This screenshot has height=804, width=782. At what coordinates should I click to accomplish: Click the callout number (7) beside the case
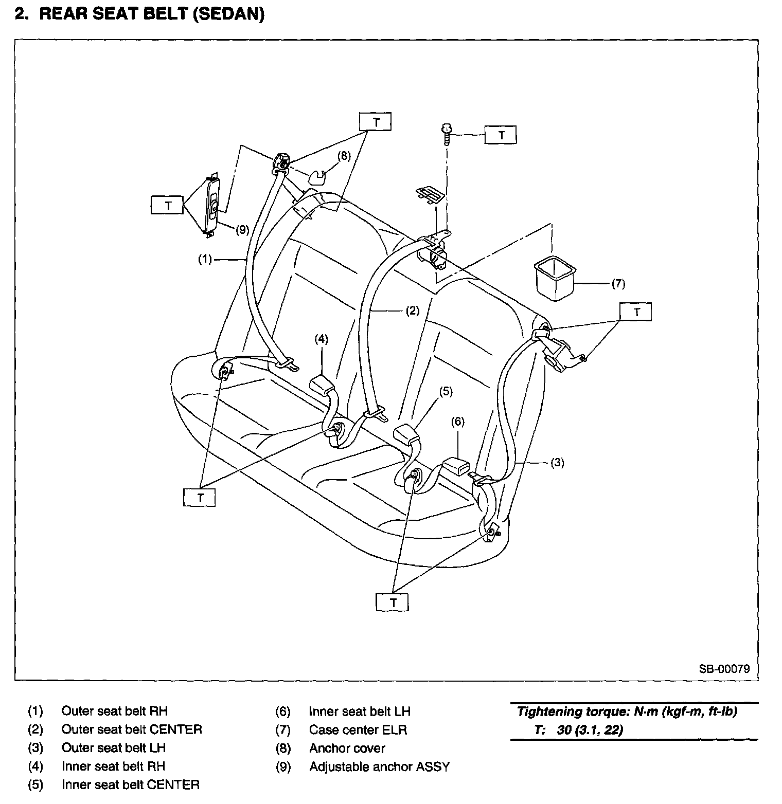[x=618, y=283]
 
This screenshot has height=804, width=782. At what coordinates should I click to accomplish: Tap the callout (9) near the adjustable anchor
[x=242, y=230]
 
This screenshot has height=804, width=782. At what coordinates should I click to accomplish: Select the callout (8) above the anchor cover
[x=344, y=156]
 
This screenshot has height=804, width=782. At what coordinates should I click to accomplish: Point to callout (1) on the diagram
[x=205, y=260]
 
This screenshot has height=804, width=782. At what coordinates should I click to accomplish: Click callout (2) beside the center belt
[x=413, y=310]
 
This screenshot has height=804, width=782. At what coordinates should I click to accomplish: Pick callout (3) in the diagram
[x=557, y=462]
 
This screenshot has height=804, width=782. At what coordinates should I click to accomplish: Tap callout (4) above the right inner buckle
[x=321, y=339]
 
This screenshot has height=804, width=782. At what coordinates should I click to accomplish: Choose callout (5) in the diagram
[x=446, y=392]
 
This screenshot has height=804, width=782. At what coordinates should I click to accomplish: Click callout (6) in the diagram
[x=457, y=422]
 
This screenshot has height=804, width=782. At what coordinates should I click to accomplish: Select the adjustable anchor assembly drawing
[x=212, y=205]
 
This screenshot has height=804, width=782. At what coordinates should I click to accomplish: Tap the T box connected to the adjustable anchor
[x=168, y=205]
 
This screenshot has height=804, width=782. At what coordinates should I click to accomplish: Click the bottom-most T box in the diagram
[x=393, y=602]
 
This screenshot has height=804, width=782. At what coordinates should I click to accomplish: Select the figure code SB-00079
[x=724, y=669]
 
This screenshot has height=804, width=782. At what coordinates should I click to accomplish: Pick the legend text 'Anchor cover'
[x=347, y=748]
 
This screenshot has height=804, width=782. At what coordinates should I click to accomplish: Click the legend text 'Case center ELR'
[x=358, y=729]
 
